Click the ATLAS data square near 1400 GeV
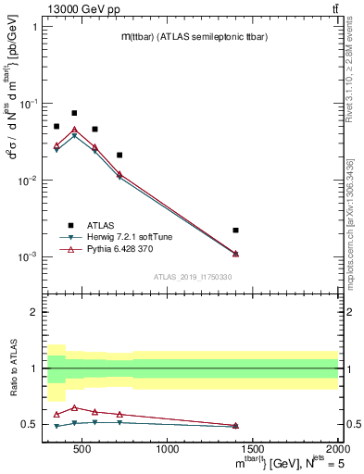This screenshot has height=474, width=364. pyautogui.click(x=236, y=230)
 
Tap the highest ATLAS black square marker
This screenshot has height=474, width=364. pyautogui.click(x=74, y=113)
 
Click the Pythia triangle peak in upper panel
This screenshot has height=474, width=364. pyautogui.click(x=74, y=130)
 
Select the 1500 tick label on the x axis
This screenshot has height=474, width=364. pyautogui.click(x=252, y=449)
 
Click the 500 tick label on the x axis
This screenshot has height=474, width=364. pyautogui.click(x=82, y=449)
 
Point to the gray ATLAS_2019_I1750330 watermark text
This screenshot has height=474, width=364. pyautogui.click(x=192, y=277)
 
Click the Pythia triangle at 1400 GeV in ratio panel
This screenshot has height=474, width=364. pyautogui.click(x=236, y=425)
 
